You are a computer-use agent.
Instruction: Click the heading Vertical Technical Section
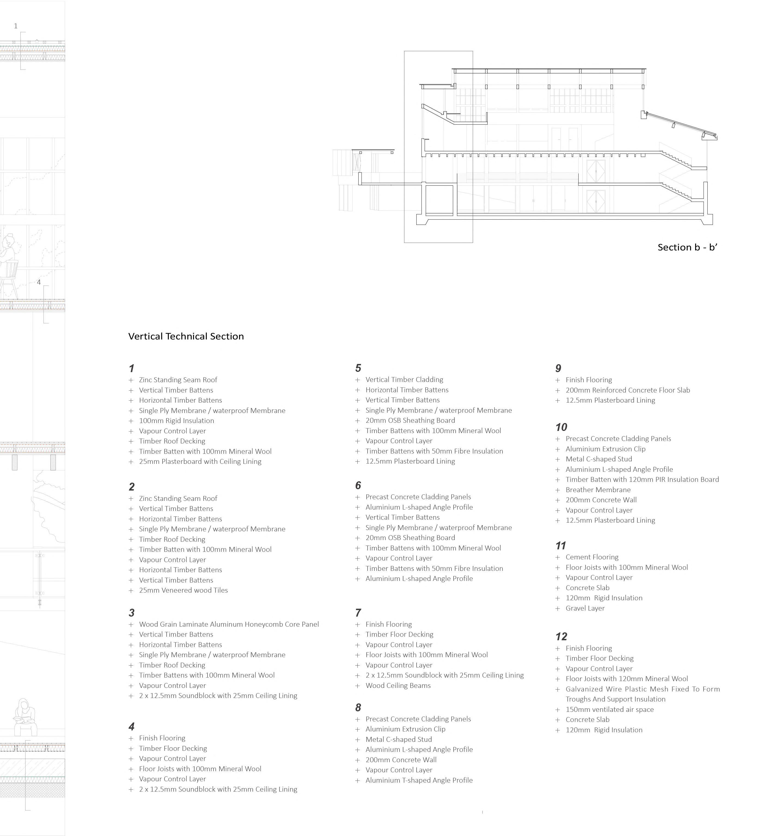coord(186,336)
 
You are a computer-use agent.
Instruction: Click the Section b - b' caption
coord(687,247)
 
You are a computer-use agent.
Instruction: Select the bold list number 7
coord(358,613)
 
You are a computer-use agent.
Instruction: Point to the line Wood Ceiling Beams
coord(398,685)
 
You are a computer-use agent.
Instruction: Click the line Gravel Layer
coord(585,608)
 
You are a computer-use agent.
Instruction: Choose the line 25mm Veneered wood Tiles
coord(183,590)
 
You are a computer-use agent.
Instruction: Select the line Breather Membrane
coord(598,490)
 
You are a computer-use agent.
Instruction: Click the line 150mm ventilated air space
coord(609,709)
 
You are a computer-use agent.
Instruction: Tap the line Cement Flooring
coord(592,557)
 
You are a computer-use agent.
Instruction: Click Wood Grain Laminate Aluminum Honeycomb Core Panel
coord(229,624)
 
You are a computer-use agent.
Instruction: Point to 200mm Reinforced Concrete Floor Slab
coord(627,390)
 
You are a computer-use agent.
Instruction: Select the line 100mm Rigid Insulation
coord(176,421)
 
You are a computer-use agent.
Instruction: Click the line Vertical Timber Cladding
coord(404,379)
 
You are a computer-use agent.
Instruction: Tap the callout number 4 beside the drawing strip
coord(39,282)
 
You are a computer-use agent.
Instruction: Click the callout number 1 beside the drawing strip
coord(16,26)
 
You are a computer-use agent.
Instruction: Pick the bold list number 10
coord(561,427)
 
